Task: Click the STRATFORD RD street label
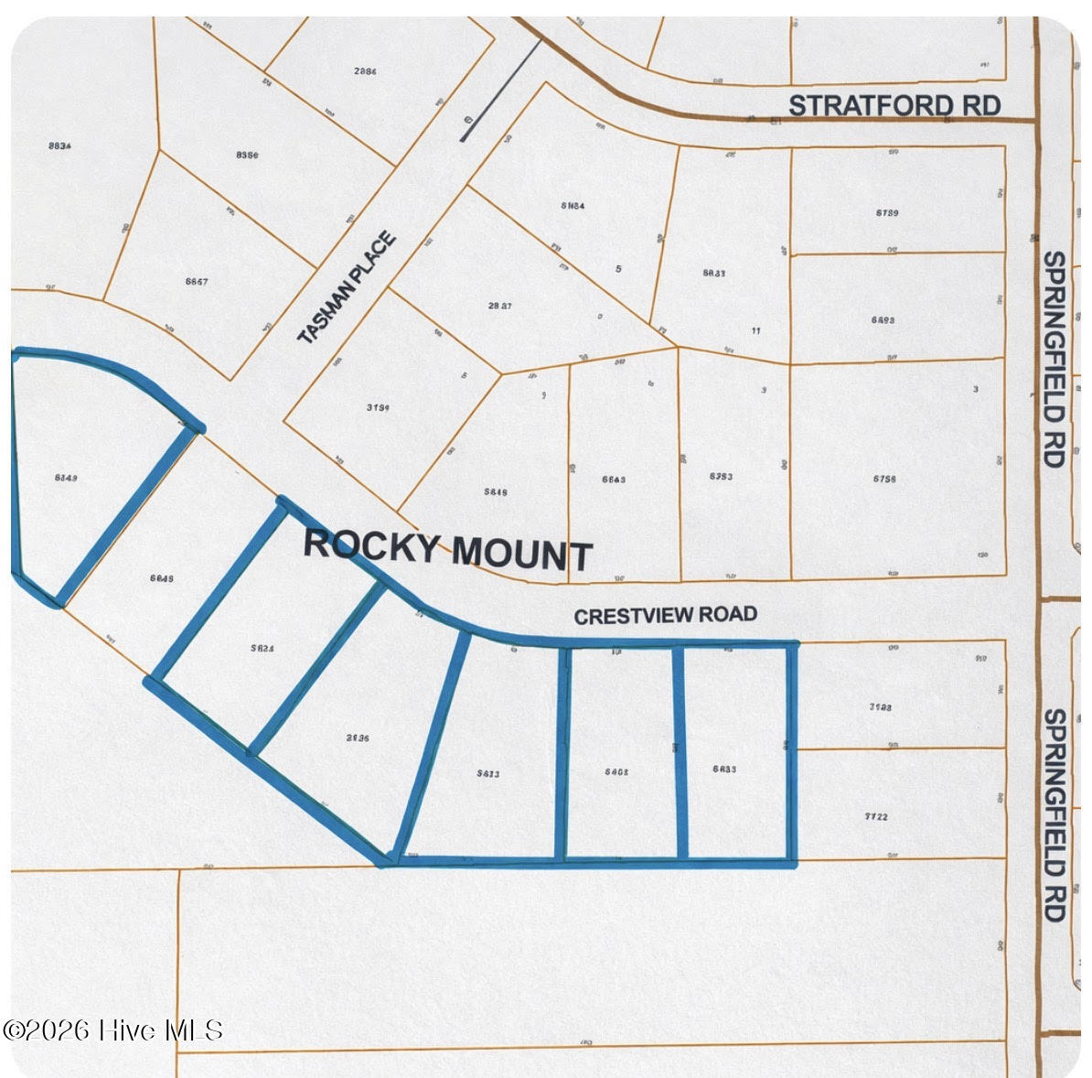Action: point(894,105)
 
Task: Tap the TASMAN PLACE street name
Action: point(348,288)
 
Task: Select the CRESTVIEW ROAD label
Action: point(665,615)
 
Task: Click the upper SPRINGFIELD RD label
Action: point(1054,359)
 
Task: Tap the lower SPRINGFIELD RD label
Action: point(1054,814)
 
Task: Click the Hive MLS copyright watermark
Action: point(113,1030)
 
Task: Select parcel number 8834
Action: point(59,146)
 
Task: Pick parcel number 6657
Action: point(196,282)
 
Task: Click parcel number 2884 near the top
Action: point(365,70)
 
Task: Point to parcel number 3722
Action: point(875,816)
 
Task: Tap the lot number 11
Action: point(755,330)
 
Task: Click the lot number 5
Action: point(619,269)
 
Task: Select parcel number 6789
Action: point(886,213)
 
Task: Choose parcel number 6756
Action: point(883,478)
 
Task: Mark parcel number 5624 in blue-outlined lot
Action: point(263,648)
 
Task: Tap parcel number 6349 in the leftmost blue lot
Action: point(66,478)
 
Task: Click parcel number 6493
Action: point(883,320)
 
